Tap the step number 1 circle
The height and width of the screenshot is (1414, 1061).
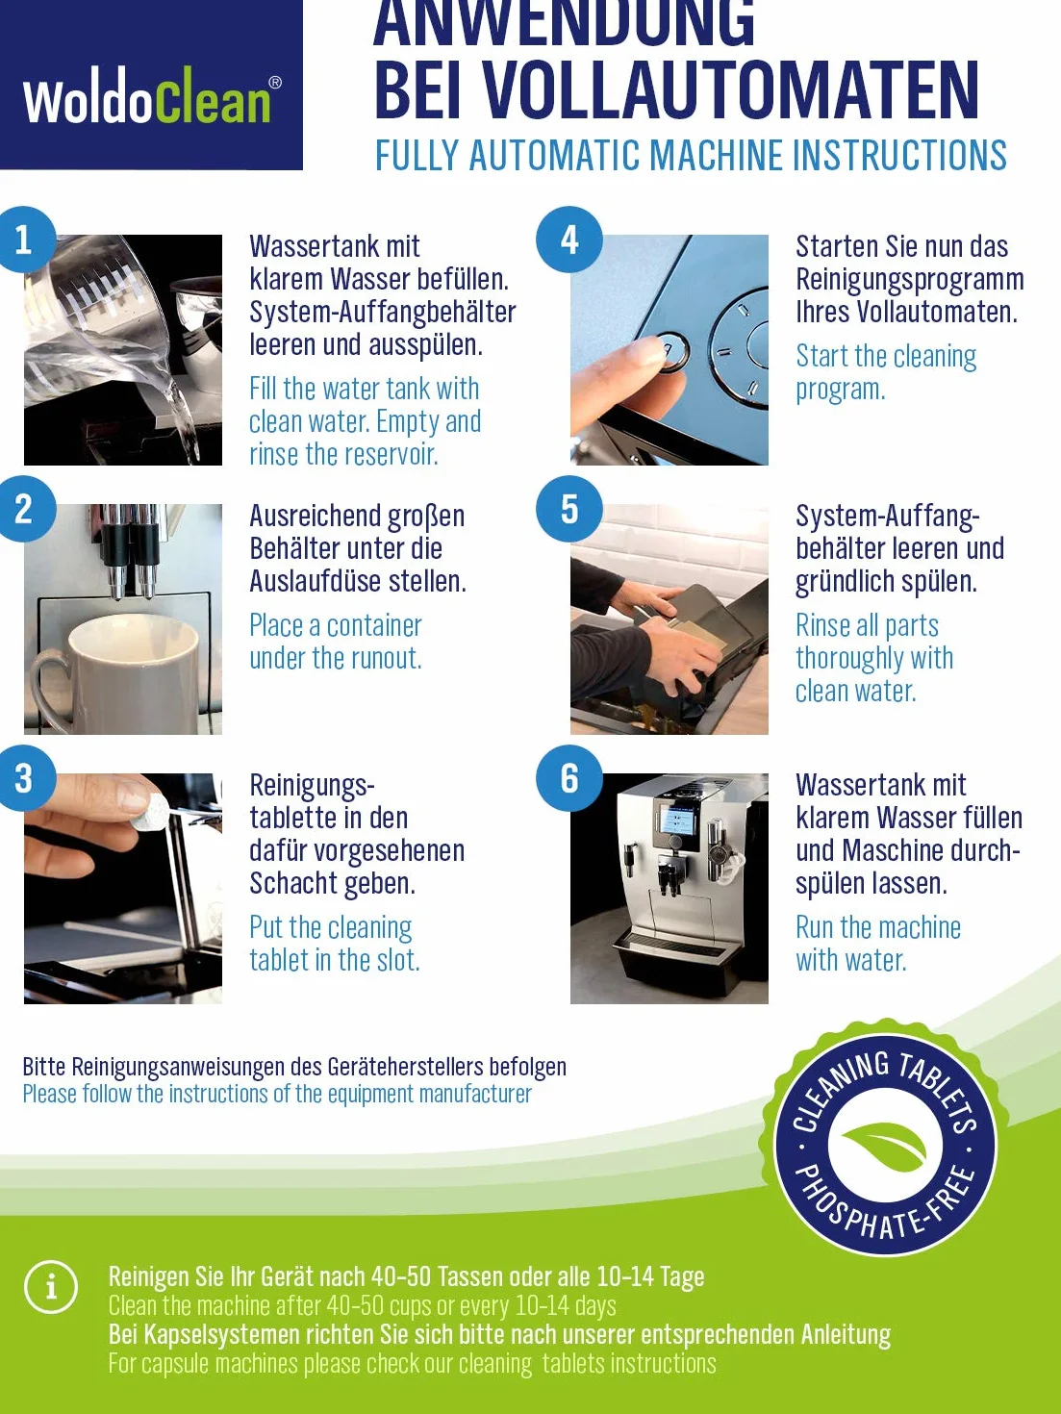(x=24, y=240)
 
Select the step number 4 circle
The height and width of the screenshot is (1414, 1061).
(x=568, y=240)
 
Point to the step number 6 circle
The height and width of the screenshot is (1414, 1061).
(x=568, y=778)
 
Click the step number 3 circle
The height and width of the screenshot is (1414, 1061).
(x=24, y=778)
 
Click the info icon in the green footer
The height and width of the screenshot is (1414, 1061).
(x=51, y=1287)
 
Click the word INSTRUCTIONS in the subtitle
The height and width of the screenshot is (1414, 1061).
(x=899, y=155)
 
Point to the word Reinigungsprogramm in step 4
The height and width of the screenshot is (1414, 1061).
(x=910, y=280)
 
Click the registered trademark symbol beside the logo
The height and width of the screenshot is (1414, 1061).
(x=275, y=83)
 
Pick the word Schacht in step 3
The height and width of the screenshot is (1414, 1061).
(x=293, y=883)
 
